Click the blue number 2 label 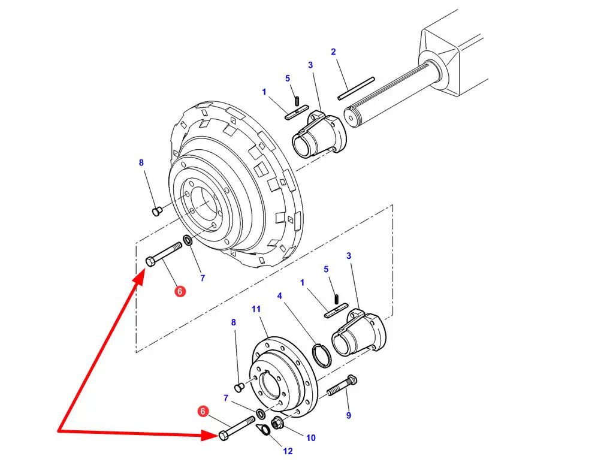pyautogui.click(x=333, y=52)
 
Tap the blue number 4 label pyautogui.click(x=279, y=296)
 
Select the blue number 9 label pyautogui.click(x=349, y=415)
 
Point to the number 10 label pyautogui.click(x=311, y=438)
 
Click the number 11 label pyautogui.click(x=256, y=309)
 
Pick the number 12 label pyautogui.click(x=288, y=451)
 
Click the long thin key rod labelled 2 pyautogui.click(x=357, y=89)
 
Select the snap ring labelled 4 pyautogui.click(x=322, y=355)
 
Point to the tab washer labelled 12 pyautogui.click(x=264, y=430)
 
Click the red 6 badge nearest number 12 pyautogui.click(x=203, y=411)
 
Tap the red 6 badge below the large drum pyautogui.click(x=180, y=291)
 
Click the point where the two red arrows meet pyautogui.click(x=58, y=430)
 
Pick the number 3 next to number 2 pyautogui.click(x=310, y=65)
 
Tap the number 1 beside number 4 pyautogui.click(x=302, y=283)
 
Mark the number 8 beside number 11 pyautogui.click(x=234, y=322)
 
